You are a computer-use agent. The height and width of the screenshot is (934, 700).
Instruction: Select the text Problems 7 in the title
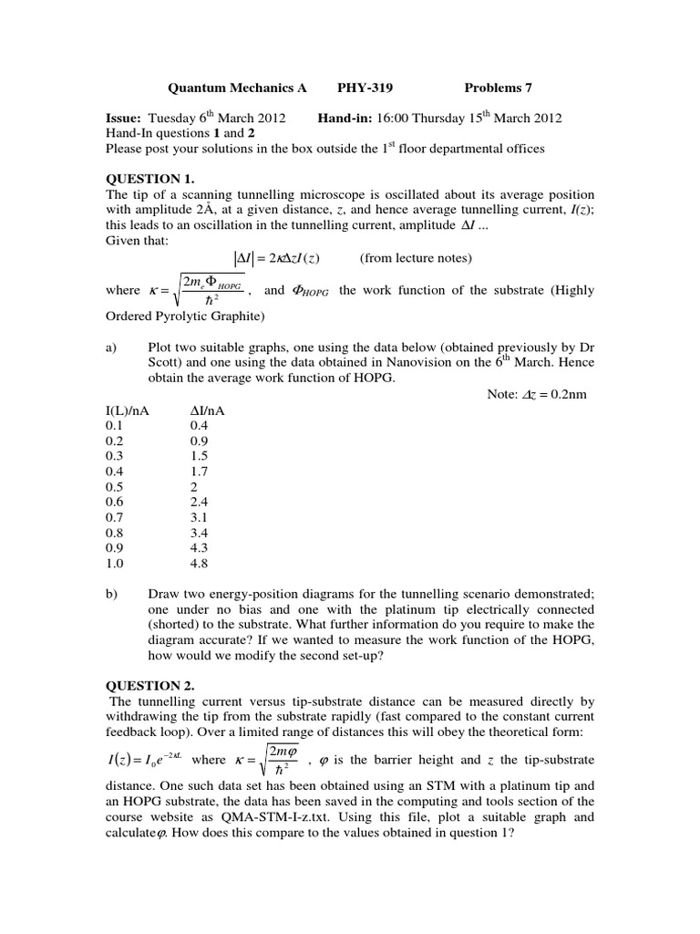point(498,88)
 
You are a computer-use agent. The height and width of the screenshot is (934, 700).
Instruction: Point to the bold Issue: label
point(124,119)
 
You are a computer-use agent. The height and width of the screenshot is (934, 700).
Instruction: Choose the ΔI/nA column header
point(207,410)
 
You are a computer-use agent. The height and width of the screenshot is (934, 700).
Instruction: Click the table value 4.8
point(200,564)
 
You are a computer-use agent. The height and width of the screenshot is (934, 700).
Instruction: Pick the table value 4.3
point(200,548)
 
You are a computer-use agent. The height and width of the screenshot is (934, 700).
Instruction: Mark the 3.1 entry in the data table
point(200,517)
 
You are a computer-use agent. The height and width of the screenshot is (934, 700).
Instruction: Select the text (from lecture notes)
point(416,258)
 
